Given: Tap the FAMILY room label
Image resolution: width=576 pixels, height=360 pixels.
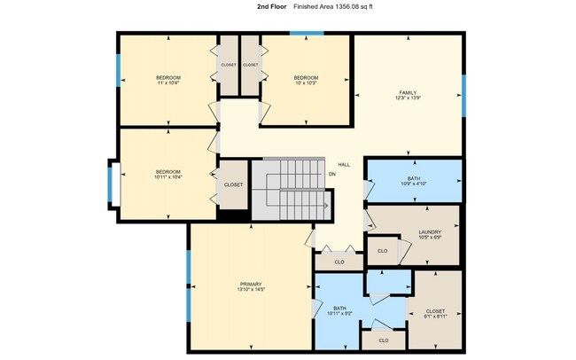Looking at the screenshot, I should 408,92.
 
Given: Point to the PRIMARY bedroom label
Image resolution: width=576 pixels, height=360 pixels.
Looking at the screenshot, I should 251,284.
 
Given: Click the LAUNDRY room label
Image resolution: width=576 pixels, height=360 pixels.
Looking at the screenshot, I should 430,232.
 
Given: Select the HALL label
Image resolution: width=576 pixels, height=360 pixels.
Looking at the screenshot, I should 343,163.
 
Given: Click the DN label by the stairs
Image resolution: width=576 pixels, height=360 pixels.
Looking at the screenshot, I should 332,174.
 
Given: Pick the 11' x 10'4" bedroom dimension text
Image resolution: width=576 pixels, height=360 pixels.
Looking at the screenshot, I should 167,83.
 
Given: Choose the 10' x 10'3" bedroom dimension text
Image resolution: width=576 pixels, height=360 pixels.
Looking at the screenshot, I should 306,83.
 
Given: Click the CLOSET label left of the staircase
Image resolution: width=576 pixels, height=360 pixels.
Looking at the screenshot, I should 233,184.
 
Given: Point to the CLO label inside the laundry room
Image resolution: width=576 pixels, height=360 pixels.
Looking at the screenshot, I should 383,250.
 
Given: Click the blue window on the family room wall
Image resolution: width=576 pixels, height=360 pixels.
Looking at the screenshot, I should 463,91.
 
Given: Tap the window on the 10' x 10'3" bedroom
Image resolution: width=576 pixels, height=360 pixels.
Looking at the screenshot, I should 307,34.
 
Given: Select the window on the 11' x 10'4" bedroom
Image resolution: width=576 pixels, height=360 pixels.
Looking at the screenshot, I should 118,71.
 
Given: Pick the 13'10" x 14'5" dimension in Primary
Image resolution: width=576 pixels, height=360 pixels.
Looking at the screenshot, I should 251,290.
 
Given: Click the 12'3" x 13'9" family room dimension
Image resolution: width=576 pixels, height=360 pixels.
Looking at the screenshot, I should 408,98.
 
